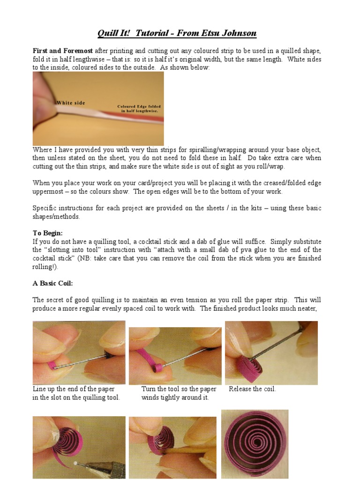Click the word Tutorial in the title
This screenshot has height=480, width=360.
[x=152, y=33]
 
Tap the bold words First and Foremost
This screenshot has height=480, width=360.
[x=63, y=51]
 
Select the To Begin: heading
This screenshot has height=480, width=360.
[x=48, y=233]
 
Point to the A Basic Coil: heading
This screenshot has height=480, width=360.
[x=52, y=283]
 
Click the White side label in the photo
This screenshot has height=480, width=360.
[x=71, y=103]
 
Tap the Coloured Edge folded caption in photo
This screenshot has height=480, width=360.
[x=139, y=106]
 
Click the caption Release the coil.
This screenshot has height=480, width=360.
[x=252, y=389]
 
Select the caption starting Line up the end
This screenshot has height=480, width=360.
[x=76, y=393]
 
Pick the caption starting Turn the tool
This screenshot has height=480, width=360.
[x=179, y=393]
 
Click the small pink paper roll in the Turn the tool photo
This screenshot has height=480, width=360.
[x=158, y=367]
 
